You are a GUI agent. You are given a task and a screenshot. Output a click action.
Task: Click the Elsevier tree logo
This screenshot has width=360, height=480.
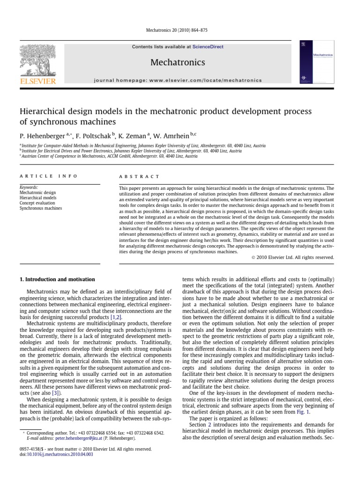click(37, 61)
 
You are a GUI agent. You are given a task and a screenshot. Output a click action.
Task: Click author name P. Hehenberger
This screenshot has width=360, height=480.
click(42, 135)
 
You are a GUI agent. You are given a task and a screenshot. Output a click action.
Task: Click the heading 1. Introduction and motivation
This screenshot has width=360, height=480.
click(57, 280)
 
